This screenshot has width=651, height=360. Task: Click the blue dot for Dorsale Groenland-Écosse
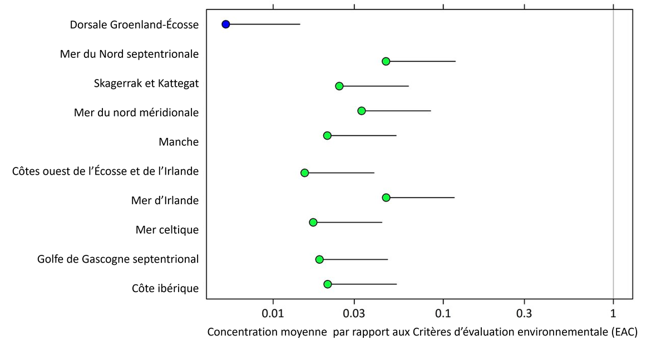[225, 24]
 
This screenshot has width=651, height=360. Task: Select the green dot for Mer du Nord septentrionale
[386, 61]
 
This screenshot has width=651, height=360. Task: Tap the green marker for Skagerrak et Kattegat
[339, 86]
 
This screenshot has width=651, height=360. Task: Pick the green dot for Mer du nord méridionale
[361, 111]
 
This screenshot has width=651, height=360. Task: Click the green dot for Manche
[327, 135]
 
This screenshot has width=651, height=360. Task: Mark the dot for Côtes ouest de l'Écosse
[304, 172]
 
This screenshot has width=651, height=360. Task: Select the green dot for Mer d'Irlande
[386, 198]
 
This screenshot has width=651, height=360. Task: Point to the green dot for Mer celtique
[313, 222]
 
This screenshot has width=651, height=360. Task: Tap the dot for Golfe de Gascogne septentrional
[319, 259]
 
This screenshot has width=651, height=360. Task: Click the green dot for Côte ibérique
[327, 284]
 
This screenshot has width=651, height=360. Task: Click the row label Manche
[178, 142]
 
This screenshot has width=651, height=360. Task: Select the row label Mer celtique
[167, 229]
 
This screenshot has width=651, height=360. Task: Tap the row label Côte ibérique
[165, 288]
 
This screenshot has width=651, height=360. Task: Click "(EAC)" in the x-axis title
[623, 333]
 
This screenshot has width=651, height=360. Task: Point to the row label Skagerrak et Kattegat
[146, 83]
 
